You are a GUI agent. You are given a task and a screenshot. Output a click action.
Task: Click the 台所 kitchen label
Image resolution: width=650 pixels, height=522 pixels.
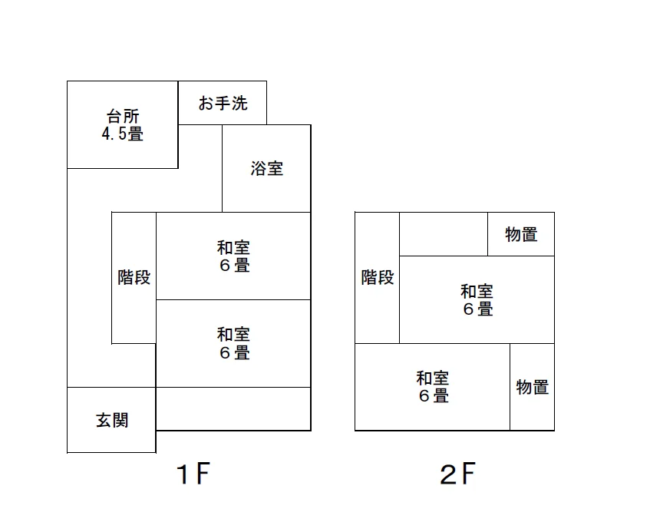123,116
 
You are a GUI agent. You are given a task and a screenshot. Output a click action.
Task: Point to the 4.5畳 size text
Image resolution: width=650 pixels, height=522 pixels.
123,134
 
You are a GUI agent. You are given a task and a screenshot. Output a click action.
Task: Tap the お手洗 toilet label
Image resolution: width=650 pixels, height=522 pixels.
223,103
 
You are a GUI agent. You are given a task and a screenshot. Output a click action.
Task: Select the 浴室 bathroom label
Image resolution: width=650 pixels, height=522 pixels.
266,169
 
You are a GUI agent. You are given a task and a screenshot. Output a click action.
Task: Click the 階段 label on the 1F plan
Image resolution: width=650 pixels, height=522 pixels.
134,277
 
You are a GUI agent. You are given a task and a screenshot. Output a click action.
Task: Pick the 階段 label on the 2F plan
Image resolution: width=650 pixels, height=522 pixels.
378,277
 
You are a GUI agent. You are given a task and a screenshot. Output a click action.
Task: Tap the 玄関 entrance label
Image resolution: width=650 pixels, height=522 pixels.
112,420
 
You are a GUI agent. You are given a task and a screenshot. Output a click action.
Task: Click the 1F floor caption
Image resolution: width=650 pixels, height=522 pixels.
193,474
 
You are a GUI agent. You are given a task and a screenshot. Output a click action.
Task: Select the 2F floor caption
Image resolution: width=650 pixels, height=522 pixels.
457,474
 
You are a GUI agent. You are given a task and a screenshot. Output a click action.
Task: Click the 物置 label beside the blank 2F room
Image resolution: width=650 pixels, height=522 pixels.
521,234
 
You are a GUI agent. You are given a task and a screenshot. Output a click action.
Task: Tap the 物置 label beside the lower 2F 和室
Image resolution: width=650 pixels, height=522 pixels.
533,387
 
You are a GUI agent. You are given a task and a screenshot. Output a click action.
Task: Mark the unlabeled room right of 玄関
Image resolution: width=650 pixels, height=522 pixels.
233,409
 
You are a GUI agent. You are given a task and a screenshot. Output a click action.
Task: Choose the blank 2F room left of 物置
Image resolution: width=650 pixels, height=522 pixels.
444,234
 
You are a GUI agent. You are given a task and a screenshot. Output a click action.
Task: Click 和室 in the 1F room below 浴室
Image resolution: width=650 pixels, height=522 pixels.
233,247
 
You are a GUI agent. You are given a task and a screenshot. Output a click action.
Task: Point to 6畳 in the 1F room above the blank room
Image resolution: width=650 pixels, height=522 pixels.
235,352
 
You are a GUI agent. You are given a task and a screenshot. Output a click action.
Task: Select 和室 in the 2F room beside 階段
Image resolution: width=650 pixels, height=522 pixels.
477,291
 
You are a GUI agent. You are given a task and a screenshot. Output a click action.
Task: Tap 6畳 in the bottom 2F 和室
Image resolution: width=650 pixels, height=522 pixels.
434,395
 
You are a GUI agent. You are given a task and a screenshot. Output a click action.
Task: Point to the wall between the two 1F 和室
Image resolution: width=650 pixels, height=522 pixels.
233,299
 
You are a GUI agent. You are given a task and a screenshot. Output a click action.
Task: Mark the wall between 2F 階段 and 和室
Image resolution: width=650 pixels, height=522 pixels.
399,299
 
